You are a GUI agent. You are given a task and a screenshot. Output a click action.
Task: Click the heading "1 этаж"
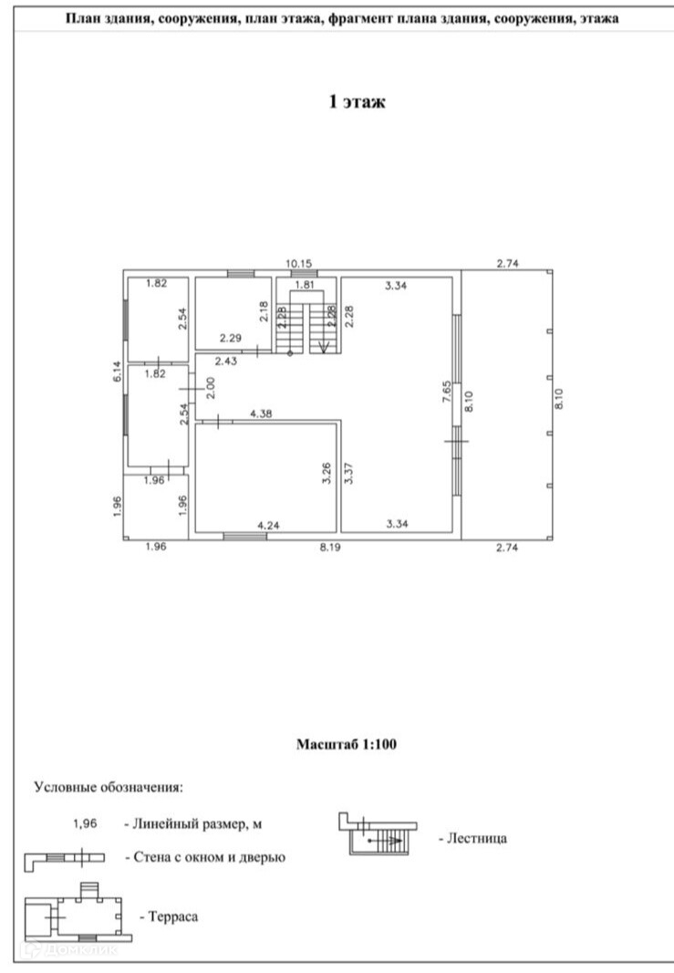[x=358, y=102]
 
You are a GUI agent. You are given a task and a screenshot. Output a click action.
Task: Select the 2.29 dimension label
[x=230, y=339]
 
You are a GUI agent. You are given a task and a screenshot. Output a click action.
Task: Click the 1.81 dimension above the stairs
[x=306, y=286]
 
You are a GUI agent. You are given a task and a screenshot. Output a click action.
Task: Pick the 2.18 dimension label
[x=264, y=312]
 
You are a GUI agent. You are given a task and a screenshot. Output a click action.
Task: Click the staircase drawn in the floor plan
[x=306, y=327]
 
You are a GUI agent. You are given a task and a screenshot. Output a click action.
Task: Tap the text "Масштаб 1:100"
[x=347, y=745]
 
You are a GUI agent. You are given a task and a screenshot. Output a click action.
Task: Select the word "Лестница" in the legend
[x=472, y=837]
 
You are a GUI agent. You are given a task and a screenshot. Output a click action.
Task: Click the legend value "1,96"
[x=87, y=823]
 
